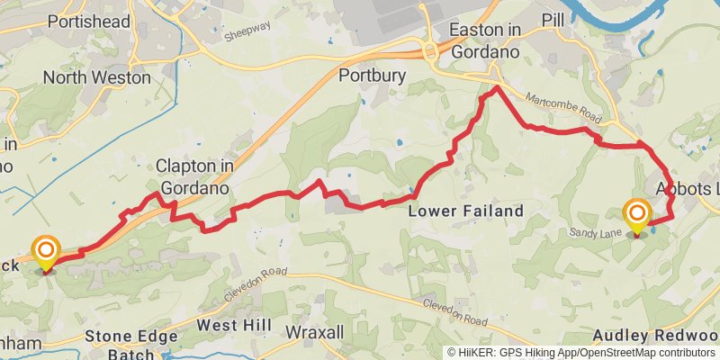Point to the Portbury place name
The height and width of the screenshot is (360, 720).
click(367, 76)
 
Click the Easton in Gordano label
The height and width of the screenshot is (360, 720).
click(486, 40)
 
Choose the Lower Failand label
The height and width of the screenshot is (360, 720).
click(465, 211)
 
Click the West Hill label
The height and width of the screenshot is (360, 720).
click(229, 325)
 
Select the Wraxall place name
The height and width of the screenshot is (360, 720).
click(314, 332)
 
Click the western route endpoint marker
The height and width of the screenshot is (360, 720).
click(45, 251)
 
